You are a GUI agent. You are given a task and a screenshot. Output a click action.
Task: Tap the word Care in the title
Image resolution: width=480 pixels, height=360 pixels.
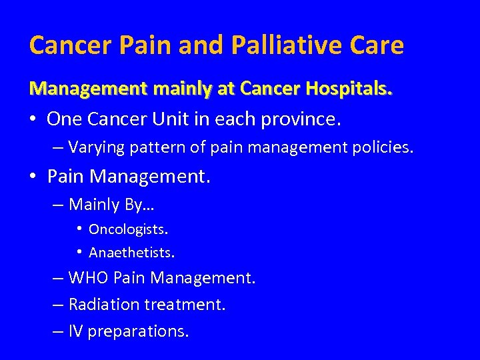point(378,45)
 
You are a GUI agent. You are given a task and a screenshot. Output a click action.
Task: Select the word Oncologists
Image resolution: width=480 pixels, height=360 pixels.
point(128,230)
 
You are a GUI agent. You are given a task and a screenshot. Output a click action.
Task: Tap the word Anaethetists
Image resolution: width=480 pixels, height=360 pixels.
point(131,253)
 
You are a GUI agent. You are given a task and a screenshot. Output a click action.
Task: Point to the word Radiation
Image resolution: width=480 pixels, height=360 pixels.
point(101,305)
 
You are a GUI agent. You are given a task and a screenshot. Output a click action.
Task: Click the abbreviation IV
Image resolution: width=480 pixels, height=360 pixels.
point(76,331)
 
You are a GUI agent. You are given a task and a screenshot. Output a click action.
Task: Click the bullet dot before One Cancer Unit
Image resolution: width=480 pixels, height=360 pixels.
point(33,119)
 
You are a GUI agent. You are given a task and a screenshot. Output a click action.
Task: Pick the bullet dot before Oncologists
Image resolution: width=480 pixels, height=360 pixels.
point(79,230)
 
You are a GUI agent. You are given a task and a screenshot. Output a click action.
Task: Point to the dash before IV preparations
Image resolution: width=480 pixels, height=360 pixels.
point(58,331)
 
